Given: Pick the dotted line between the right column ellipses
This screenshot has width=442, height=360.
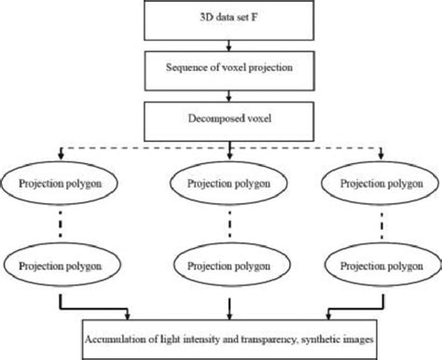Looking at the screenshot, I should click(x=382, y=223).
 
